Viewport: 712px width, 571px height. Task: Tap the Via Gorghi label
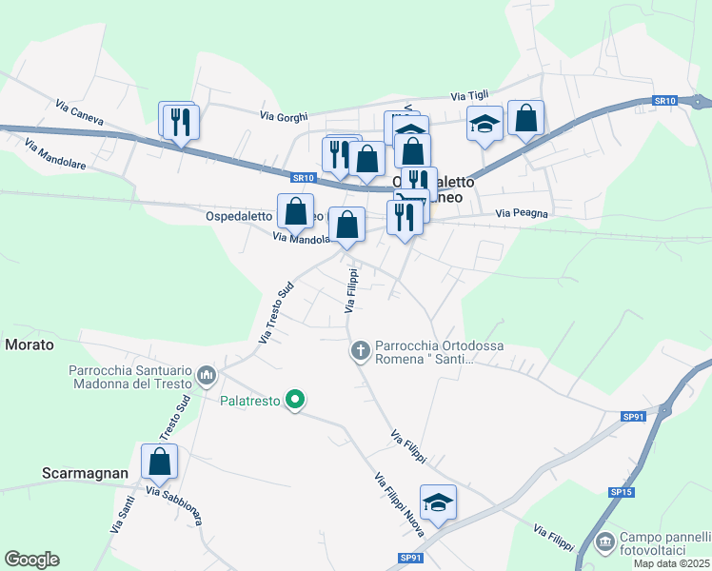pos(284,116)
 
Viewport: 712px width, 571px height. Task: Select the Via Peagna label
pos(522,214)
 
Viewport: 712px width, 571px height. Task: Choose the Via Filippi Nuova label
pos(399,504)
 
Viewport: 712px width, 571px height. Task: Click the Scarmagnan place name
pos(86,472)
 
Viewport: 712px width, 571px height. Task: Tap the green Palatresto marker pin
pos(295,401)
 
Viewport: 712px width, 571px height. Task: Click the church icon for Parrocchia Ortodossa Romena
pos(360,351)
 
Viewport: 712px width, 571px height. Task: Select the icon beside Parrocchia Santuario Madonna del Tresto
pos(207,378)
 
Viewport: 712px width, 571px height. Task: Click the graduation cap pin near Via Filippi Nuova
pos(438,502)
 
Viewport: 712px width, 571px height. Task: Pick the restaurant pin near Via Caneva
pos(179,122)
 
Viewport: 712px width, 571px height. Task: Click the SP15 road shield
pos(621,492)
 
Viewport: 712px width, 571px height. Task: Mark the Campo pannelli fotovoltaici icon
pos(604,542)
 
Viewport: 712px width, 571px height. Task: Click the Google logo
pos(31,560)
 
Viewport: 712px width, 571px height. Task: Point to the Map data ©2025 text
pos(671,563)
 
